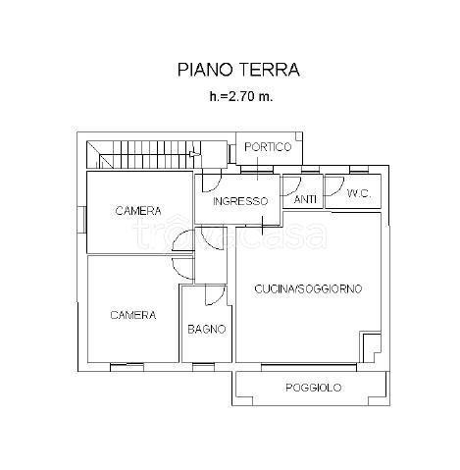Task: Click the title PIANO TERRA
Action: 238,70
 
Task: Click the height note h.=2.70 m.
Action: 238,97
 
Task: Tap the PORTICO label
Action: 268,147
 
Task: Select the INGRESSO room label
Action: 240,201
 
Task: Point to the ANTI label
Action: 306,199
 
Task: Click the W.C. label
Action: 358,194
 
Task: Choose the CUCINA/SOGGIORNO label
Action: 309,288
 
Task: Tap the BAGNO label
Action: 207,330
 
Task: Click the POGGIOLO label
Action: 314,389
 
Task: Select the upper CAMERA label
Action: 137,211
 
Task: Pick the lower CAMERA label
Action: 132,315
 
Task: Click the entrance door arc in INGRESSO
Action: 212,182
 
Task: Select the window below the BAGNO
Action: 203,366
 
